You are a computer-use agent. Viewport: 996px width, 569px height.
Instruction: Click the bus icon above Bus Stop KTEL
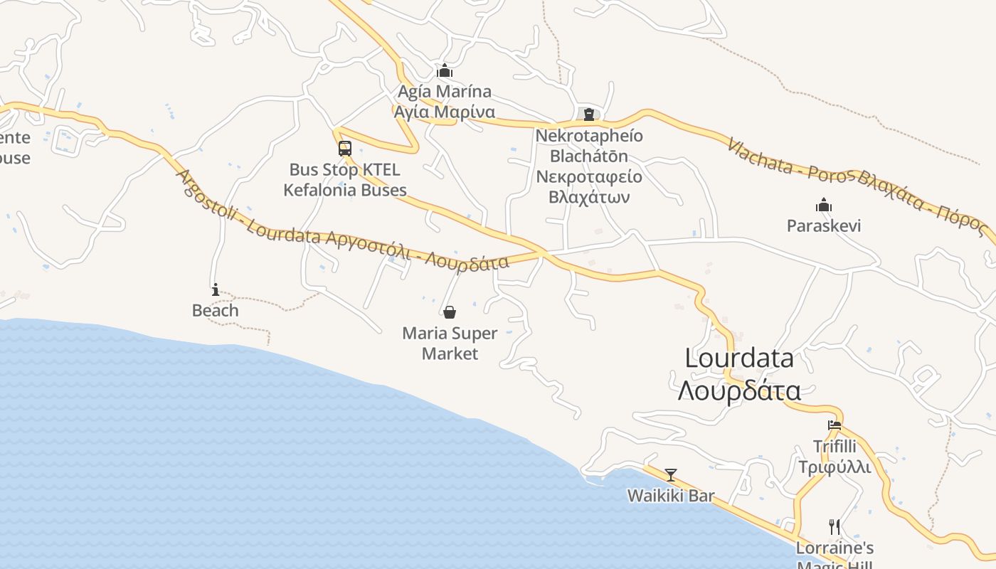pos(345,149)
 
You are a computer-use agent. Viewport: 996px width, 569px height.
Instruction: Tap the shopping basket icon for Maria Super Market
pos(450,312)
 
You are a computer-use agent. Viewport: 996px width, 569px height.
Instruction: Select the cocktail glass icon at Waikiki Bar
pos(670,474)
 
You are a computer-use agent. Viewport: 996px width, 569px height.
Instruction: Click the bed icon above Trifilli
pos(835,425)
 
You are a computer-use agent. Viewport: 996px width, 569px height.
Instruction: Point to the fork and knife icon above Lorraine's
pos(835,527)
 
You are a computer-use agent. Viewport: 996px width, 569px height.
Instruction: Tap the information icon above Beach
pos(216,289)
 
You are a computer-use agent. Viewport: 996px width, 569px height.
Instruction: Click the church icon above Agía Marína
pos(445,70)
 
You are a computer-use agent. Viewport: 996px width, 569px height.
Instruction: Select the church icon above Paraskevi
pos(824,206)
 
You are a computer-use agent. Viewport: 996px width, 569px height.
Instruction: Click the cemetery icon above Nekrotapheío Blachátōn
pos(589,114)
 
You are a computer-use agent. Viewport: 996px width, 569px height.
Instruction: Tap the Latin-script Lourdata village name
pos(739,358)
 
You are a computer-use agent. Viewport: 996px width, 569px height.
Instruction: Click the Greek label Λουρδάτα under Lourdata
pos(739,390)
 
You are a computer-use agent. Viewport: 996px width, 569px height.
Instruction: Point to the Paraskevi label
pos(824,226)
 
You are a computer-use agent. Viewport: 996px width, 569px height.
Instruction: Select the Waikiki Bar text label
pos(670,496)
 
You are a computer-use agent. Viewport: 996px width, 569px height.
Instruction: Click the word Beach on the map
pos(216,311)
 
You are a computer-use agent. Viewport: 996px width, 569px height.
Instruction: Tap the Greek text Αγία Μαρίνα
pos(445,112)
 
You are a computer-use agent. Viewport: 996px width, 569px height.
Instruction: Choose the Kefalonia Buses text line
pos(345,190)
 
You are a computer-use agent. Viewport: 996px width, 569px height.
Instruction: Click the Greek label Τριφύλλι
pos(835,467)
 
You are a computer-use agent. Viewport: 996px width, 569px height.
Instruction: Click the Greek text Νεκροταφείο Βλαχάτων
pos(589,186)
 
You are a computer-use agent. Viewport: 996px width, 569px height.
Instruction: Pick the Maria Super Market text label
pos(450,343)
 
